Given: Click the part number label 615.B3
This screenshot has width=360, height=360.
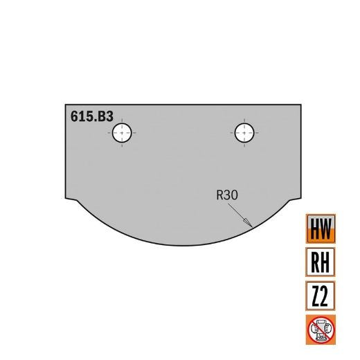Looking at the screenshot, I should tap(91, 117).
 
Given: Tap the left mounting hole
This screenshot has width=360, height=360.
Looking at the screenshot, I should tap(123, 132).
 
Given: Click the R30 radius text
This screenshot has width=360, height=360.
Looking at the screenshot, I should tap(227, 196).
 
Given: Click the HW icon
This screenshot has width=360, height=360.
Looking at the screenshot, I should tap(320, 228).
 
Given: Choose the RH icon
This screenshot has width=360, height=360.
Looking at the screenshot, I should tap(320, 262).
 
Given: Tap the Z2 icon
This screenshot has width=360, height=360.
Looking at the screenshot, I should tap(320, 296).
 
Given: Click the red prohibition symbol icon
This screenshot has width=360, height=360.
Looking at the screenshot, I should tap(320, 330).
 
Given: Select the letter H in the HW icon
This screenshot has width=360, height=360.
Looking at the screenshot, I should tap(314, 228).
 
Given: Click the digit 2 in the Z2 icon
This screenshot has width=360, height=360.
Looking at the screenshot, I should tap(326, 296).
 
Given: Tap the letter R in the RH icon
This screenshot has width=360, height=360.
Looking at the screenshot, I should tap(314, 262).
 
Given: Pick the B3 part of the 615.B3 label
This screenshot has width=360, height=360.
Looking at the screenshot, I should tap(105, 117).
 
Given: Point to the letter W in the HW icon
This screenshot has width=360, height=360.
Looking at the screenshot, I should tap(326, 228).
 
